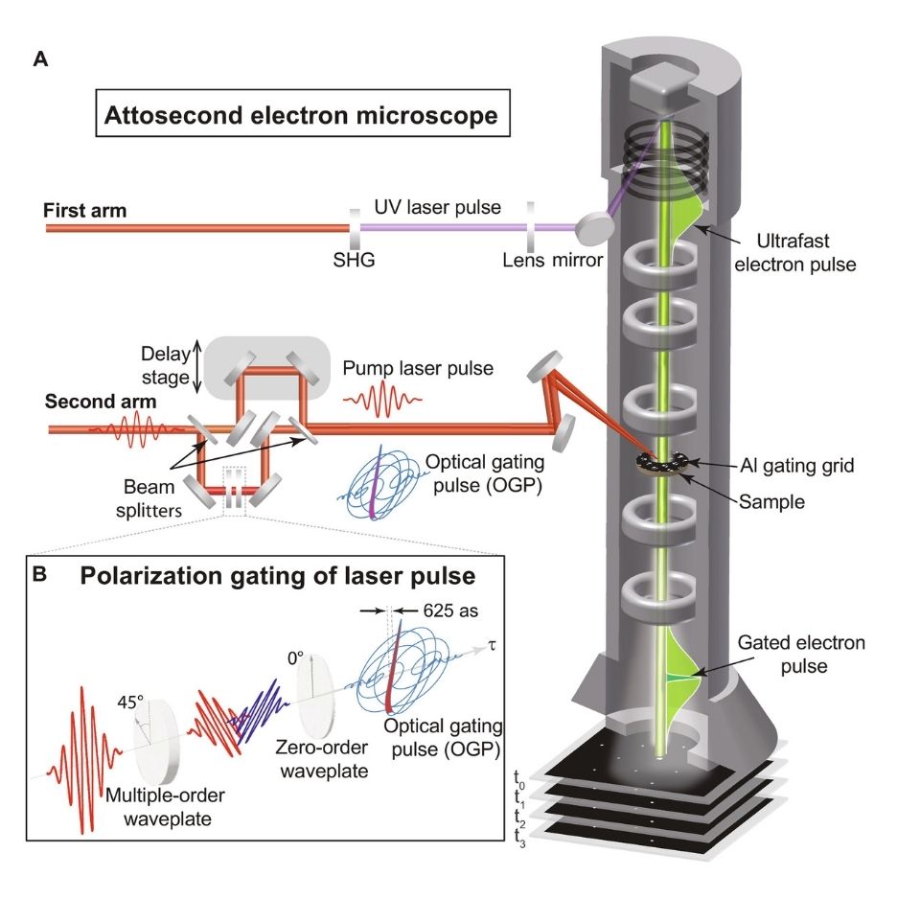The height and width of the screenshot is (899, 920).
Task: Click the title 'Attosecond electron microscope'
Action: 299,117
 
